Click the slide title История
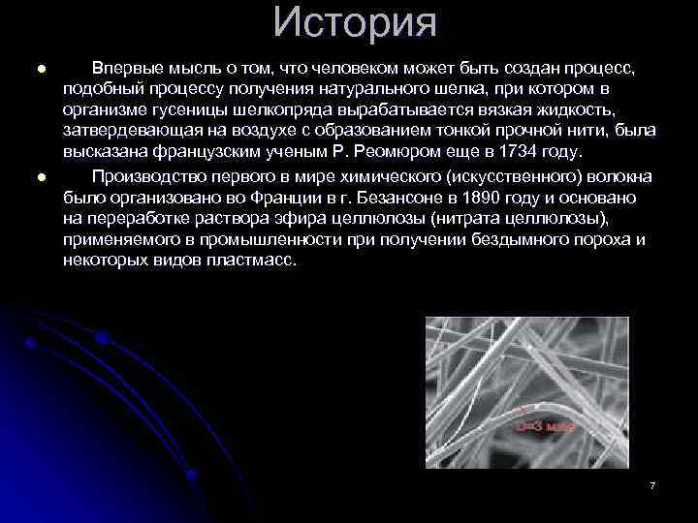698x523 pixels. (x=355, y=23)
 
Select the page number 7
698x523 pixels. (x=652, y=484)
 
